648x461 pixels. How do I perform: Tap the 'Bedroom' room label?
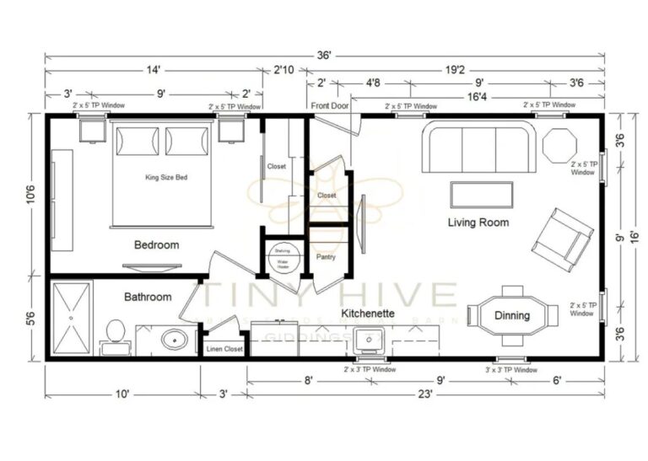point(156,245)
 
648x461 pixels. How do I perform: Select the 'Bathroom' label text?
point(148,297)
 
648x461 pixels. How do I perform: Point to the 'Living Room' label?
point(478,222)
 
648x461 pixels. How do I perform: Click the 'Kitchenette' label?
point(368,313)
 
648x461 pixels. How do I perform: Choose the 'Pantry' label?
point(327,256)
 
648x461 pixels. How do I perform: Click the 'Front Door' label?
point(329,106)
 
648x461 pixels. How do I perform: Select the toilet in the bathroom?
point(115,335)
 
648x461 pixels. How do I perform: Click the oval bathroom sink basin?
point(175,341)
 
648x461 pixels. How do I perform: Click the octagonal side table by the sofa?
point(558,145)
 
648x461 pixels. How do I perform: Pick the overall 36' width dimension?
point(325,55)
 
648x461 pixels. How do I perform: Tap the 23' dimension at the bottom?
point(424,394)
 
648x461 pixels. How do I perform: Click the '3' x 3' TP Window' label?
point(510,370)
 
